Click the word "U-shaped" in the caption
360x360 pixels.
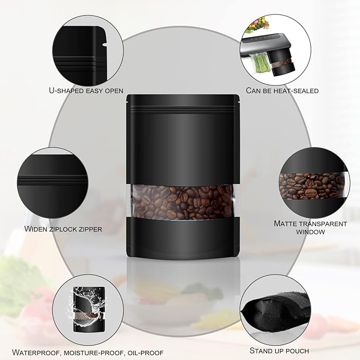pos(66,91)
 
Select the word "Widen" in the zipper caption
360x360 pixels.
pos(36,229)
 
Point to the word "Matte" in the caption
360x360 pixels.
pos(286,223)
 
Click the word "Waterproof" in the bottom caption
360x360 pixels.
pos(37,353)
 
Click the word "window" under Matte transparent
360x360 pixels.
pos(310,232)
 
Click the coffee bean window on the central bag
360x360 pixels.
pos(183,203)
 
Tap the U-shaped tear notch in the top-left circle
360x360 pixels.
pos(104,44)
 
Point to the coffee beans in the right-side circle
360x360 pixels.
pos(312,186)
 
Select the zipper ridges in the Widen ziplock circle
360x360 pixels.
pos(52,180)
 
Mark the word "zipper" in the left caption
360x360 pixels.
pos(90,229)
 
